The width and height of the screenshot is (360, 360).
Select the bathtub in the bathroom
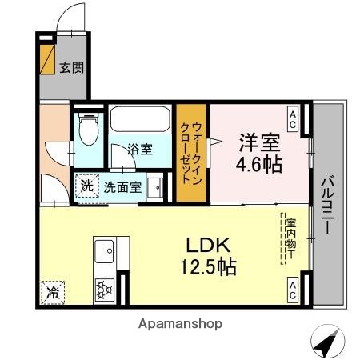pyautogui.click(x=140, y=121)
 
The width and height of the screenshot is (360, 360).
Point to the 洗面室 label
pyautogui.click(x=122, y=187)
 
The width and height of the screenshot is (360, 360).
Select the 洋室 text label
pyautogui.click(x=258, y=144)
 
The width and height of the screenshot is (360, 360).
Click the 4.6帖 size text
pyautogui.click(x=258, y=166)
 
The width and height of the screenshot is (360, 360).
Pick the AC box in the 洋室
pyautogui.click(x=294, y=119)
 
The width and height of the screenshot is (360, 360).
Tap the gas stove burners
pyautogui.click(x=104, y=286)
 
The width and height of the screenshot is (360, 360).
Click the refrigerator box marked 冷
pyautogui.click(x=51, y=291)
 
